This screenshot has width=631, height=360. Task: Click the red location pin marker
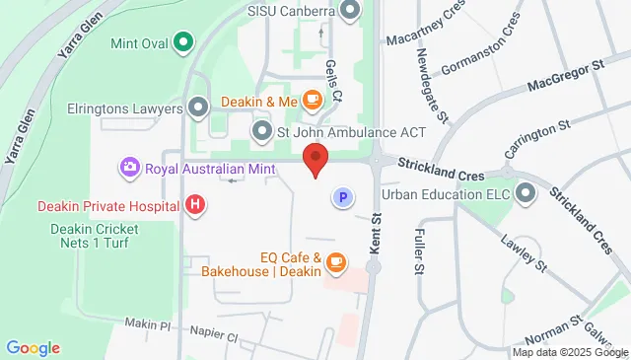coord(315,159)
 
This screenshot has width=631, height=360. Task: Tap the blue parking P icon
coord(343,198)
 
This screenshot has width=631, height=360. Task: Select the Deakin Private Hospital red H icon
coord(196,205)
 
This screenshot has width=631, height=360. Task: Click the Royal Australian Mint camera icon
coord(129,169)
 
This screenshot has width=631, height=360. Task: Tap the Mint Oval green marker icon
coord(182,41)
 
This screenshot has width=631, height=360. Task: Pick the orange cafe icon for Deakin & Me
coord(313,100)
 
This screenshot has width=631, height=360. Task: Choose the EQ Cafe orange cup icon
coord(336,261)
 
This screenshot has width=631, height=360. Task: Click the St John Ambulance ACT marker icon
coord(261,130)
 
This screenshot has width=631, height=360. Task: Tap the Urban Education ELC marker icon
coord(522,193)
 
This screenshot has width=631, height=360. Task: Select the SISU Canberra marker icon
coord(350,12)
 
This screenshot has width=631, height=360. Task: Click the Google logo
coord(33,348)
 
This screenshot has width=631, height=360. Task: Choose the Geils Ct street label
coord(333,78)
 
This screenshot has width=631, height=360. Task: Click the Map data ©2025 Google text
coord(570,352)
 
